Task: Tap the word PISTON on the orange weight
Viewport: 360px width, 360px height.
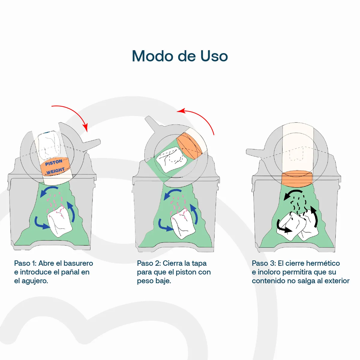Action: pyautogui.click(x=54, y=162)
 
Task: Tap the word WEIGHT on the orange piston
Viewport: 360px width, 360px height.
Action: pyautogui.click(x=55, y=171)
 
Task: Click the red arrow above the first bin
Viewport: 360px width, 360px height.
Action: pyautogui.click(x=75, y=113)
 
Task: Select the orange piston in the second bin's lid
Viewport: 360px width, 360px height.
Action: pyautogui.click(x=189, y=146)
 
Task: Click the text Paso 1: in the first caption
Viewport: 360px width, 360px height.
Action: pyautogui.click(x=25, y=263)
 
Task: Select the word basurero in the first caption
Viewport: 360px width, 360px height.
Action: pyautogui.click(x=78, y=263)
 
